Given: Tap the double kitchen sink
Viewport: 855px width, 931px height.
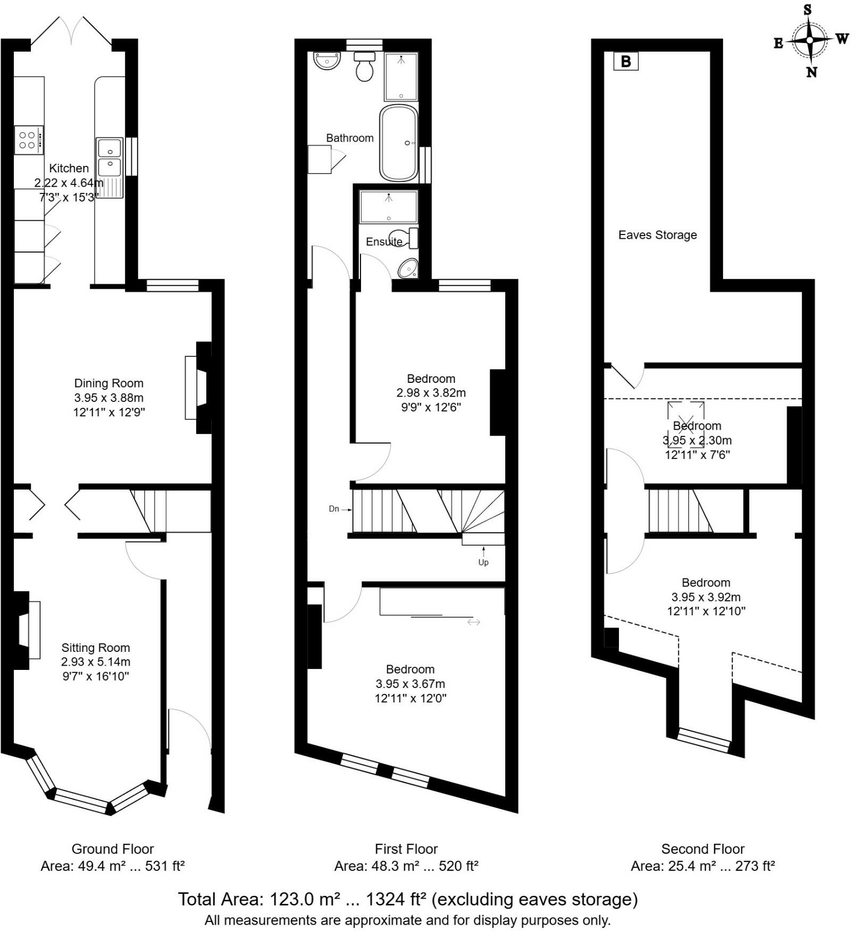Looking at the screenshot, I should pyautogui.click(x=110, y=157).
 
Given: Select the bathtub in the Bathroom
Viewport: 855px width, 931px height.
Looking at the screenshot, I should pyautogui.click(x=399, y=143).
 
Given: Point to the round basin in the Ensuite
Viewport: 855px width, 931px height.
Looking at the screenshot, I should pyautogui.click(x=408, y=269).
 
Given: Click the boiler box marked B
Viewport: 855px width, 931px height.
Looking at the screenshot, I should pyautogui.click(x=626, y=62).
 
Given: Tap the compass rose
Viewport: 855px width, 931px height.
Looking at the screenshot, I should pyautogui.click(x=809, y=40).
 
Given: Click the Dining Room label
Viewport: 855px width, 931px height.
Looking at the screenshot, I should pyautogui.click(x=108, y=383).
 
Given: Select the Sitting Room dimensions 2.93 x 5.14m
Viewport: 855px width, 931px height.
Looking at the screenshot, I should pyautogui.click(x=96, y=662).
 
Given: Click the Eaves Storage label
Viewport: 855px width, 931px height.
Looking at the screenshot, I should pyautogui.click(x=657, y=235).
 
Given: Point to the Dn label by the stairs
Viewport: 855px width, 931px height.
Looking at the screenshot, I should pyautogui.click(x=334, y=509).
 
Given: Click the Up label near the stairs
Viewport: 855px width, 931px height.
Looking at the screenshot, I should pyautogui.click(x=483, y=562).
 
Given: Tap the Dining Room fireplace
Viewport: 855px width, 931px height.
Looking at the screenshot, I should pyautogui.click(x=198, y=388).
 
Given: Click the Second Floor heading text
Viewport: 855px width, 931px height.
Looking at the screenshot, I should pyautogui.click(x=702, y=849).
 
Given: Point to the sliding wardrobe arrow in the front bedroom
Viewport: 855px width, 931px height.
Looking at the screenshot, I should pyautogui.click(x=473, y=622).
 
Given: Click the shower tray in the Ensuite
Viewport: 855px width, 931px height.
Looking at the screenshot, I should pyautogui.click(x=389, y=207).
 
